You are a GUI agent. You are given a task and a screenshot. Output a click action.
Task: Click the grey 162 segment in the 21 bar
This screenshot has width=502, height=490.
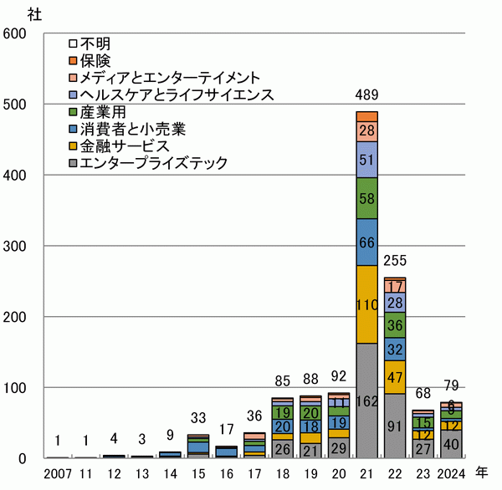[x=366, y=401]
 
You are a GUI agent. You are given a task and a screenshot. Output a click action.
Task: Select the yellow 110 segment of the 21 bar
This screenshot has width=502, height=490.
[x=366, y=304]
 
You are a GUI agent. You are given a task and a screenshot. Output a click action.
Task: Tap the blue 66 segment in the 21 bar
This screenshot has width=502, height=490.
[x=366, y=242]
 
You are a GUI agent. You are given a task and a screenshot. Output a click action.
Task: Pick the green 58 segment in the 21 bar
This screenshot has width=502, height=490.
[x=366, y=198]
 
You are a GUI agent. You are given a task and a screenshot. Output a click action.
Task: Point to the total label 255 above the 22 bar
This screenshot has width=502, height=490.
[x=394, y=261]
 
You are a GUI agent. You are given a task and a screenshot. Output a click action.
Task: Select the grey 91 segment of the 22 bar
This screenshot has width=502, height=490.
[x=394, y=426]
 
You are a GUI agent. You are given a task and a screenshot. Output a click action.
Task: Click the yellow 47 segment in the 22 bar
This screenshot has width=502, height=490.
[x=394, y=377]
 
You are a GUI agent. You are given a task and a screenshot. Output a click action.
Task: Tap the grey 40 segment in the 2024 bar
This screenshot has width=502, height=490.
[x=451, y=444]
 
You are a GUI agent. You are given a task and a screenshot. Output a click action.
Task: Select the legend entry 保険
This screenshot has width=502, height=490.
[x=95, y=60]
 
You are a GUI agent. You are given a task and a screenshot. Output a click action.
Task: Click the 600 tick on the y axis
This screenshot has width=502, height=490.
[x=16, y=33]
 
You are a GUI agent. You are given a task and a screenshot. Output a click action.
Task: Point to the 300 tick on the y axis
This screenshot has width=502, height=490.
[x=16, y=246]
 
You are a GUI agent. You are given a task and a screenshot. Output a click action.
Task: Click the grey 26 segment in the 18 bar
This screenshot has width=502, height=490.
[x=281, y=449]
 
